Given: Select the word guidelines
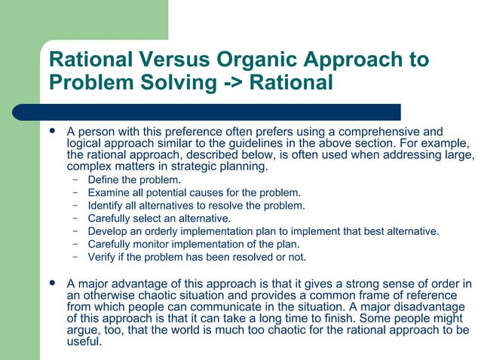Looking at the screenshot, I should coord(280,143).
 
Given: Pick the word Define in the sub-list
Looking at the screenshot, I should coord(103,180).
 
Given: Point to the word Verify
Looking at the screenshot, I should coord(102,257).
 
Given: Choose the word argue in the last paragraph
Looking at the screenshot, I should coord(82,330).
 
